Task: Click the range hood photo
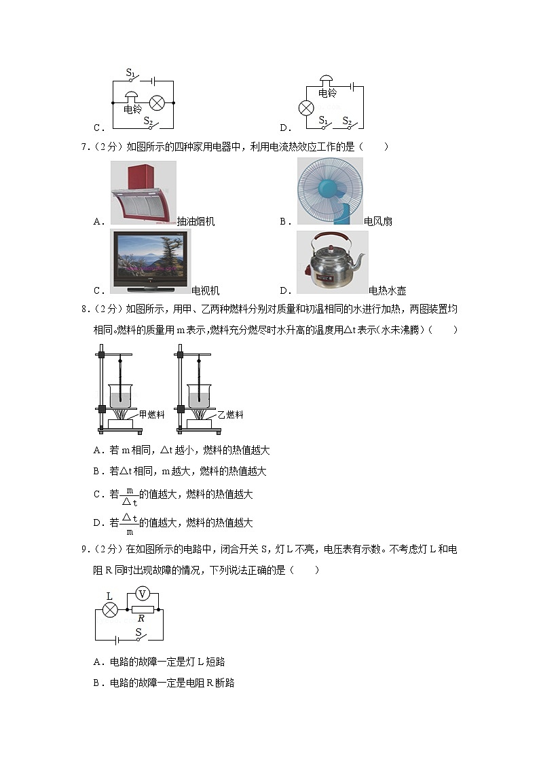point(143,192)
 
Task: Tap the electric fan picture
point(330,191)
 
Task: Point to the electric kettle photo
point(332,262)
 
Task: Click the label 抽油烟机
point(196,221)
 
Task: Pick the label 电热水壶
point(387,290)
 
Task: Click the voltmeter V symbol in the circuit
point(143,594)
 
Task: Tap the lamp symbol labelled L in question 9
point(110,610)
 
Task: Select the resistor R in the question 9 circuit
point(142,610)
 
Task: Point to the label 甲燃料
point(151,414)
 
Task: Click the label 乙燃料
point(230,414)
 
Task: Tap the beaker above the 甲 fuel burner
point(120,396)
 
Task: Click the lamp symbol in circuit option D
point(306,108)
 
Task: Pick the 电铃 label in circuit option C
point(132,109)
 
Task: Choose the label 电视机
point(206,290)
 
